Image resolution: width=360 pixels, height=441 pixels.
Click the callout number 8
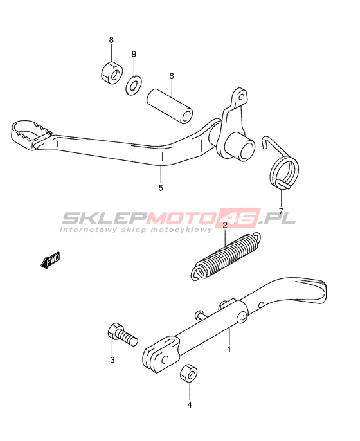point(111,40)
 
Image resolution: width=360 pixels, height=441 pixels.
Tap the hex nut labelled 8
point(111,73)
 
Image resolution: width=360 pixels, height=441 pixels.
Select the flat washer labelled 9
point(133,85)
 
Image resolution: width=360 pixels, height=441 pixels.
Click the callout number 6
point(171,76)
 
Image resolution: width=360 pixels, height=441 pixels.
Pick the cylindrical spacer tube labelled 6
point(170,106)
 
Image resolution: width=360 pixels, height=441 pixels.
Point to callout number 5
point(161,188)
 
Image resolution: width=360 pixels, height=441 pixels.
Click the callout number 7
point(281,210)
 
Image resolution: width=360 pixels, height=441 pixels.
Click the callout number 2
point(225,225)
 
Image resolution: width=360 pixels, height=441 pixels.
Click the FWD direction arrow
point(50,260)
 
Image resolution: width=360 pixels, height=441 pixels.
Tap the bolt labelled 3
point(122,335)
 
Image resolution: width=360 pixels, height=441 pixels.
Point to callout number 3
point(113,360)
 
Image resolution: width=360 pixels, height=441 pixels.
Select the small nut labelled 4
point(188,373)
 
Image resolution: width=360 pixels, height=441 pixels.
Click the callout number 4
point(190,405)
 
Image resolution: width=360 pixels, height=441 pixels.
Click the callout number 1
point(229,349)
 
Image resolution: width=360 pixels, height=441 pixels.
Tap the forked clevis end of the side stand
point(160,354)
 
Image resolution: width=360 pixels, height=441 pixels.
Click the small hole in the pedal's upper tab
point(240,96)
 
